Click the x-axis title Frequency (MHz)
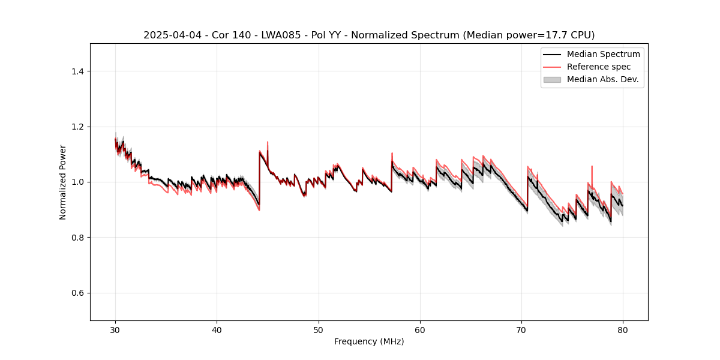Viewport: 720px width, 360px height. [369, 342]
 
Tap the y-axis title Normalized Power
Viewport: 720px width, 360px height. [63, 182]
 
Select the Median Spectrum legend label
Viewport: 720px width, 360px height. [603, 54]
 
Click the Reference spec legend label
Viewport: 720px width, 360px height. [599, 67]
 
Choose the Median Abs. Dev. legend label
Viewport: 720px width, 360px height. [603, 79]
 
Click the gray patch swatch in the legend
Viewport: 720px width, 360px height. [552, 79]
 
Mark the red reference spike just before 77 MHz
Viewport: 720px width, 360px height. [592, 167]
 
